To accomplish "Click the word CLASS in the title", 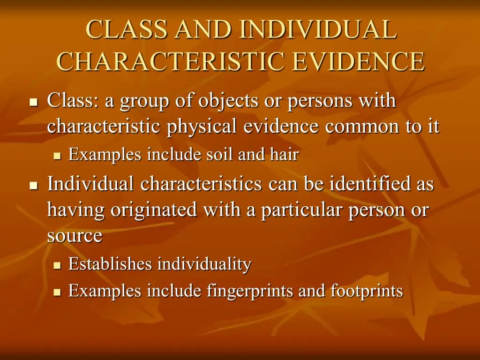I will coord(126,29).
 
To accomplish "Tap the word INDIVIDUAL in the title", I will coord(317,29).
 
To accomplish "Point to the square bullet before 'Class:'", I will coord(33,103).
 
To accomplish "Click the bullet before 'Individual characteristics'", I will coord(33,186).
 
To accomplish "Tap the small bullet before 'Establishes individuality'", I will coord(57,265).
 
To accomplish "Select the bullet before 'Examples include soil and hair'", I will coord(57,156).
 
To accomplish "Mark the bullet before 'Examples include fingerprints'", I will coord(57,292).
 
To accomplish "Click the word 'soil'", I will coord(221,154).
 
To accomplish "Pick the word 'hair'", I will coord(284,154).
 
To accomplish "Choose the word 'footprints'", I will coord(367,291).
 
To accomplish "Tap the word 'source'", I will coord(75,236).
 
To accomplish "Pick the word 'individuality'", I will coord(204,264).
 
